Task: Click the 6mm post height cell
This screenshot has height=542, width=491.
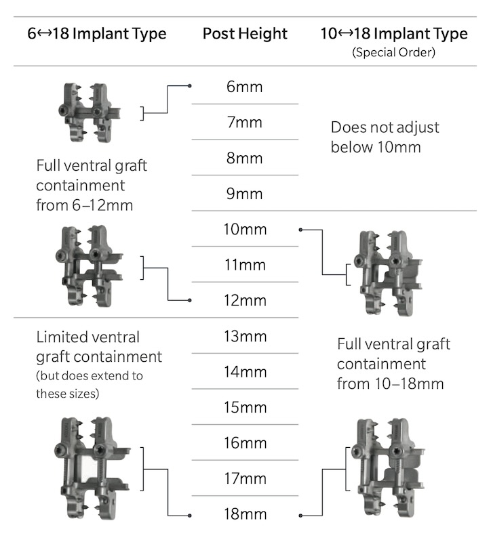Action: tap(245, 87)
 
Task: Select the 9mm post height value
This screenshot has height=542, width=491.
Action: tap(245, 194)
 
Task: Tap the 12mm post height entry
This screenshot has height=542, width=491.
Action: tap(245, 300)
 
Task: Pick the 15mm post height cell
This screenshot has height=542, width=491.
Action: tap(245, 407)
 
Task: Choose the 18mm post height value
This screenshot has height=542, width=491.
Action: tap(245, 514)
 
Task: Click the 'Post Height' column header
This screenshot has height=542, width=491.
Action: tap(245, 34)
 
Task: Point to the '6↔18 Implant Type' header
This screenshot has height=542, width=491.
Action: tap(97, 34)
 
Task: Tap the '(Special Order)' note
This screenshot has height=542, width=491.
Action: tap(393, 51)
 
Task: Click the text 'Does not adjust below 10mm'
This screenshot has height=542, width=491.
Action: tap(385, 137)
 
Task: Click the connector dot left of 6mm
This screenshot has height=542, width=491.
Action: tap(190, 86)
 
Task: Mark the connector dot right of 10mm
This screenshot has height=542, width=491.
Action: tap(300, 230)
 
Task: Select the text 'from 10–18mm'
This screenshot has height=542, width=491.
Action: tap(390, 383)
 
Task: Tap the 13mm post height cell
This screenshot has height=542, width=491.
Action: tap(245, 336)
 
